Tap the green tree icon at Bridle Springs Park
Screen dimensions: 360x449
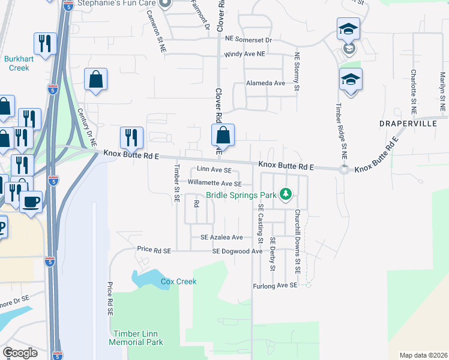click(286, 194)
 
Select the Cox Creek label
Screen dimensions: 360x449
click(178, 281)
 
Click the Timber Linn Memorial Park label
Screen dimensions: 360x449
click(136, 338)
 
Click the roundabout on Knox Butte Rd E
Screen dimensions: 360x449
click(344, 170)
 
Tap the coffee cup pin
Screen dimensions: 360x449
click(31, 201)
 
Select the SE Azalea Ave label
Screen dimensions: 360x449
click(221, 238)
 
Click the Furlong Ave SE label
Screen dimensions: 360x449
click(275, 286)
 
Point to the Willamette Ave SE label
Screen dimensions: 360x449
click(214, 183)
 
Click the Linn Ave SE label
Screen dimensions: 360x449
click(210, 171)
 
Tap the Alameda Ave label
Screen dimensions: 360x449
click(265, 83)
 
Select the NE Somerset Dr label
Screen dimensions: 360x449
click(249, 39)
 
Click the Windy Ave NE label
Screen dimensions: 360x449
click(245, 54)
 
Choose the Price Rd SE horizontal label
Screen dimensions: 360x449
click(154, 249)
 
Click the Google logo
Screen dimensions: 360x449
click(20, 353)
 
